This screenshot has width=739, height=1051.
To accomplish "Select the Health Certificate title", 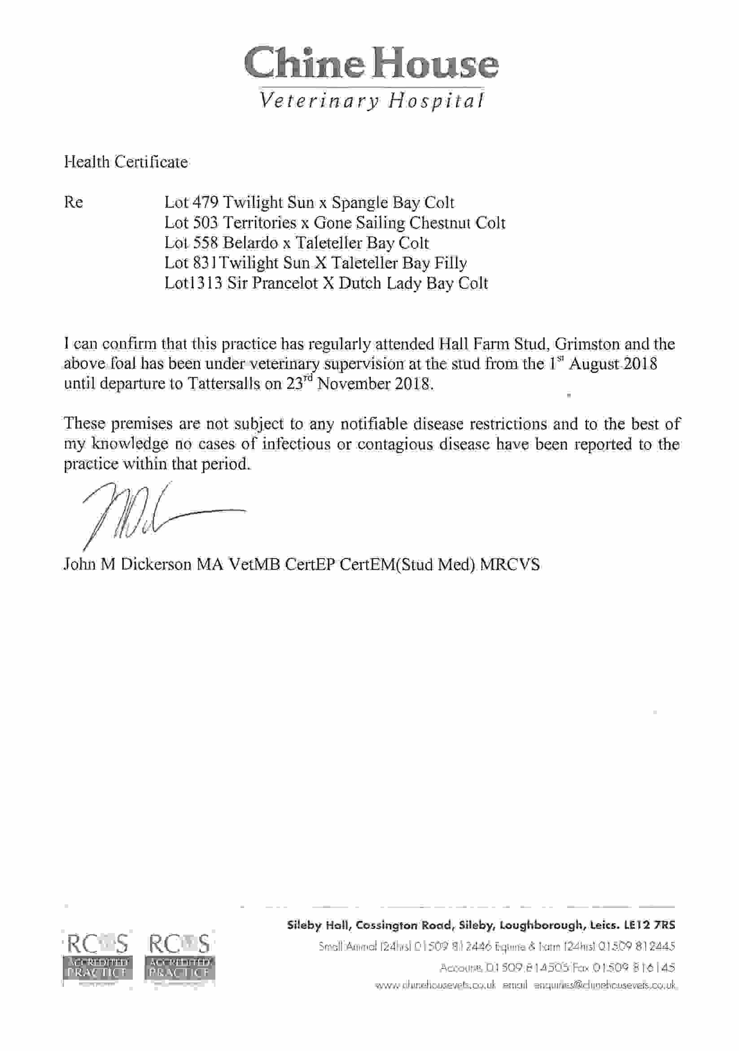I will pyautogui.click(x=126, y=162).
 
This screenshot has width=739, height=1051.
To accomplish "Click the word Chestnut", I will pyautogui.click(x=440, y=223).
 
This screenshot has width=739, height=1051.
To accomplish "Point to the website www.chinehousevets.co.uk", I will pyautogui.click(x=435, y=986).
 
